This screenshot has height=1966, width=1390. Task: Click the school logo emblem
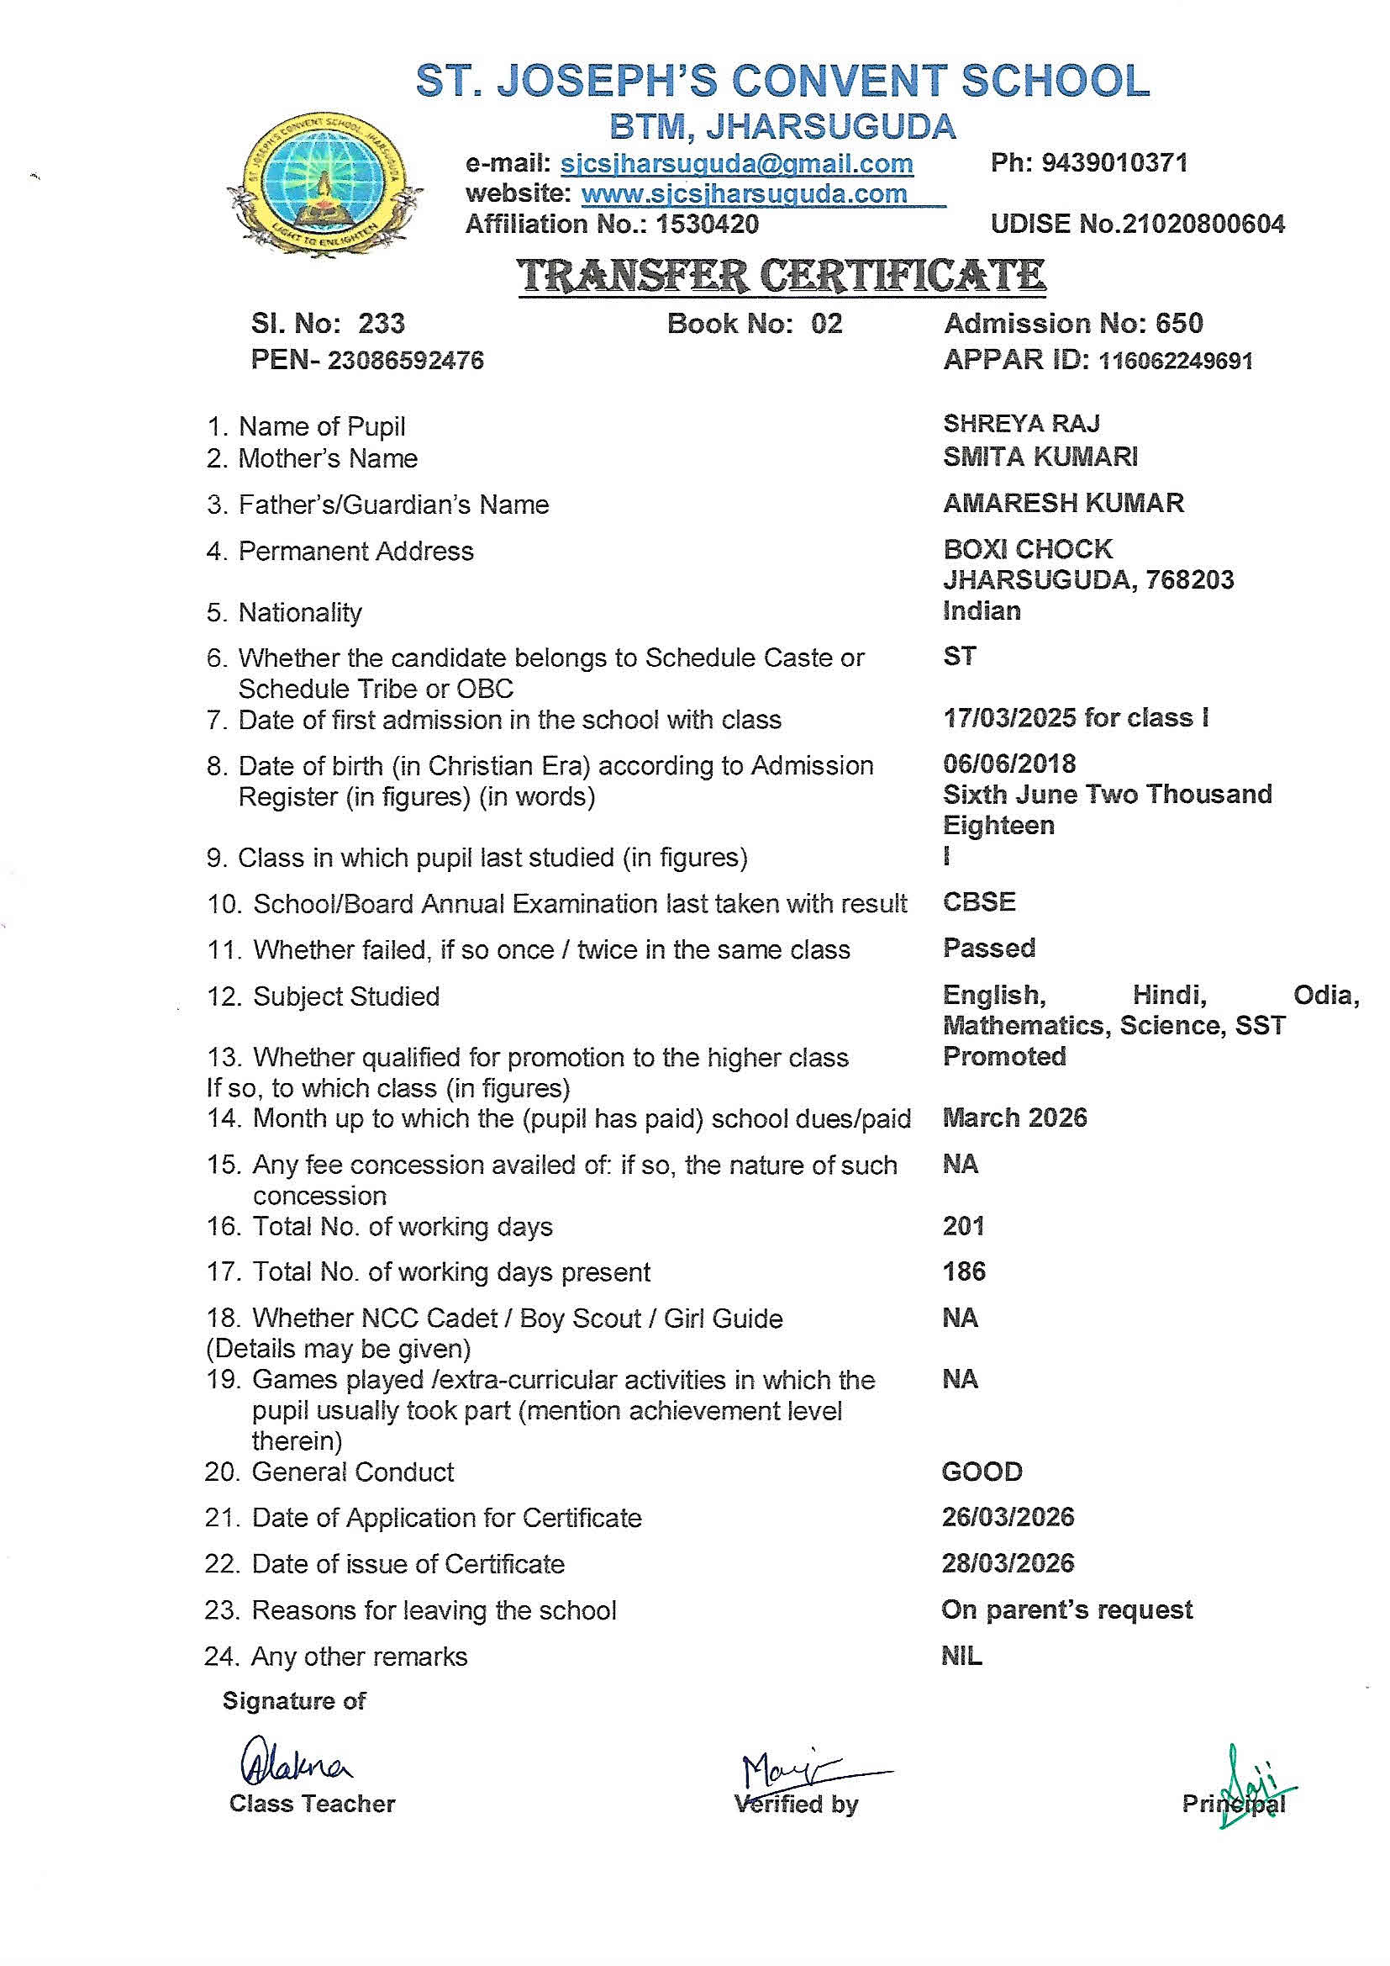(x=324, y=183)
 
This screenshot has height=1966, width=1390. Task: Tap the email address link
(x=736, y=163)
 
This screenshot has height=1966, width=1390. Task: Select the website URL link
(x=744, y=194)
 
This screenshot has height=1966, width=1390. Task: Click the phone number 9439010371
(x=1114, y=162)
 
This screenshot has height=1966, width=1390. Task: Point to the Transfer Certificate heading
(x=782, y=276)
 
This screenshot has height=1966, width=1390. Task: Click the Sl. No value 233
(x=381, y=324)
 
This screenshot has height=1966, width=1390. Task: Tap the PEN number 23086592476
(x=405, y=361)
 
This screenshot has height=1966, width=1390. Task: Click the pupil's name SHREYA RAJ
(x=1021, y=424)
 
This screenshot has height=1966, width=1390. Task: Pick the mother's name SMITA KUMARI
(x=1040, y=457)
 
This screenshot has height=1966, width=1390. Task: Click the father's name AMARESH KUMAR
(x=1063, y=504)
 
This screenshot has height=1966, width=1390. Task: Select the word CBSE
(x=979, y=902)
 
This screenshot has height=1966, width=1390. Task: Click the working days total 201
(x=963, y=1226)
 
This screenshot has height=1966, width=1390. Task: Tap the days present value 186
(x=964, y=1271)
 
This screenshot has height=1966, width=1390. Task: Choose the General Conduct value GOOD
(x=982, y=1472)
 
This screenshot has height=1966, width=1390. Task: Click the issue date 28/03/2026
(x=1008, y=1563)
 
